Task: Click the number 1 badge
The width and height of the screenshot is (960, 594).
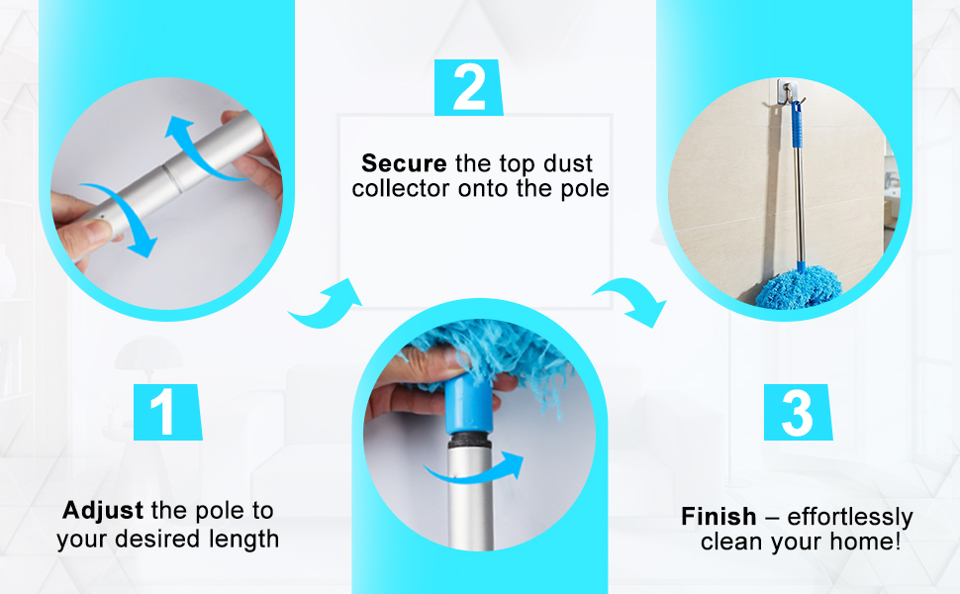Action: click(x=168, y=412)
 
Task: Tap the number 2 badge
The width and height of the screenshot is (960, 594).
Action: click(x=468, y=87)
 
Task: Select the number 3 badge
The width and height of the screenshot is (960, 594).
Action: click(x=798, y=412)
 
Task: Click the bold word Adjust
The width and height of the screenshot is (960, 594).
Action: click(x=103, y=510)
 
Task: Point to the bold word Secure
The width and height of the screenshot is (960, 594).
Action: click(x=404, y=163)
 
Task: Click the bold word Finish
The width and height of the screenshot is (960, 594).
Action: click(x=719, y=516)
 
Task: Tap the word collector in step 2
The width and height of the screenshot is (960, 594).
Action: click(x=401, y=189)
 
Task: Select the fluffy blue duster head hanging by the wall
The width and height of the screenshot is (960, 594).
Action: click(x=797, y=289)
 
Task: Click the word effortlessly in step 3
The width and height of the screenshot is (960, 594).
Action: click(x=850, y=517)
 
